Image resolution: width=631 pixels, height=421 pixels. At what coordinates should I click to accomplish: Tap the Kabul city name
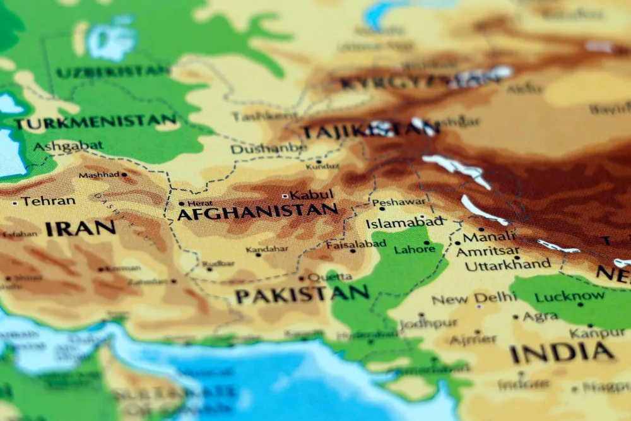[311, 195]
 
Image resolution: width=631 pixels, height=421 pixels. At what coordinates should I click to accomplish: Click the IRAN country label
[80, 228]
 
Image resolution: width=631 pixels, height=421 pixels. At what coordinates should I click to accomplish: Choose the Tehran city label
[48, 201]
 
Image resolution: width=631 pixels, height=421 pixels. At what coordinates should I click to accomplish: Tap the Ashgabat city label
[68, 146]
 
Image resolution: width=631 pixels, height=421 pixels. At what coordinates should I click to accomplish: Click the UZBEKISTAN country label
[113, 71]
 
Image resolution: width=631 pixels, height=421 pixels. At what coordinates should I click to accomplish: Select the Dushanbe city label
[268, 149]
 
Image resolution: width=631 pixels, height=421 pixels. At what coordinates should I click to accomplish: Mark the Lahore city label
[415, 249]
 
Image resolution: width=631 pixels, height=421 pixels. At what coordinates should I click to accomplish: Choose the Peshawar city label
[399, 202]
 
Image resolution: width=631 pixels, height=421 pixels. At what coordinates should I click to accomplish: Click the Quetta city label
[329, 276]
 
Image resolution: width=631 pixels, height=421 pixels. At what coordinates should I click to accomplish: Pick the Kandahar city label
[267, 250]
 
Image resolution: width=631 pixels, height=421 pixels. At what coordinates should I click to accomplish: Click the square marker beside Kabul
[285, 196]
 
